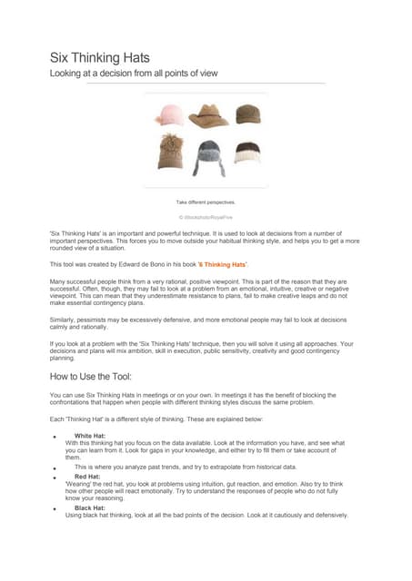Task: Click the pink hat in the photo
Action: pyautogui.click(x=169, y=115)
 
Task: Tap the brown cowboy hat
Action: pyautogui.click(x=208, y=115)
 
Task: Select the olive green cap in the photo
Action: pyautogui.click(x=247, y=114)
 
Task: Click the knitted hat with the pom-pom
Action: pyautogui.click(x=169, y=151)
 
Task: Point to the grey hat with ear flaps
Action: pyautogui.click(x=208, y=152)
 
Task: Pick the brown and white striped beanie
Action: pyautogui.click(x=247, y=152)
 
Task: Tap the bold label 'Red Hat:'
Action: pyautogui.click(x=87, y=476)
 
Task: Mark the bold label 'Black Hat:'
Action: pyautogui.click(x=90, y=507)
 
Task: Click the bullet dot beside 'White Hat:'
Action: pyautogui.click(x=56, y=437)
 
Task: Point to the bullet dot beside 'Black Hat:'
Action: pyautogui.click(x=56, y=508)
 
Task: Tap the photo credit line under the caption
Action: pyautogui.click(x=206, y=219)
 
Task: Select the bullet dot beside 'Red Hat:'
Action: pyautogui.click(x=56, y=477)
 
